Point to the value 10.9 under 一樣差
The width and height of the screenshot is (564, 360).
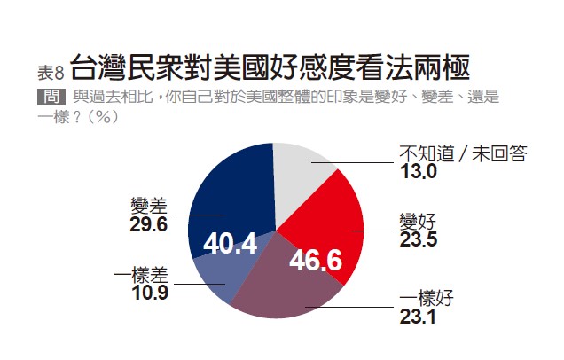pos(149,291)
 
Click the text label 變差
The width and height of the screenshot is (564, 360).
pos(148,206)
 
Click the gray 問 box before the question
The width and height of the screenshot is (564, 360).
pos(51,96)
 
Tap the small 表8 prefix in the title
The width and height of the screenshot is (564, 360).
pos(51,71)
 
